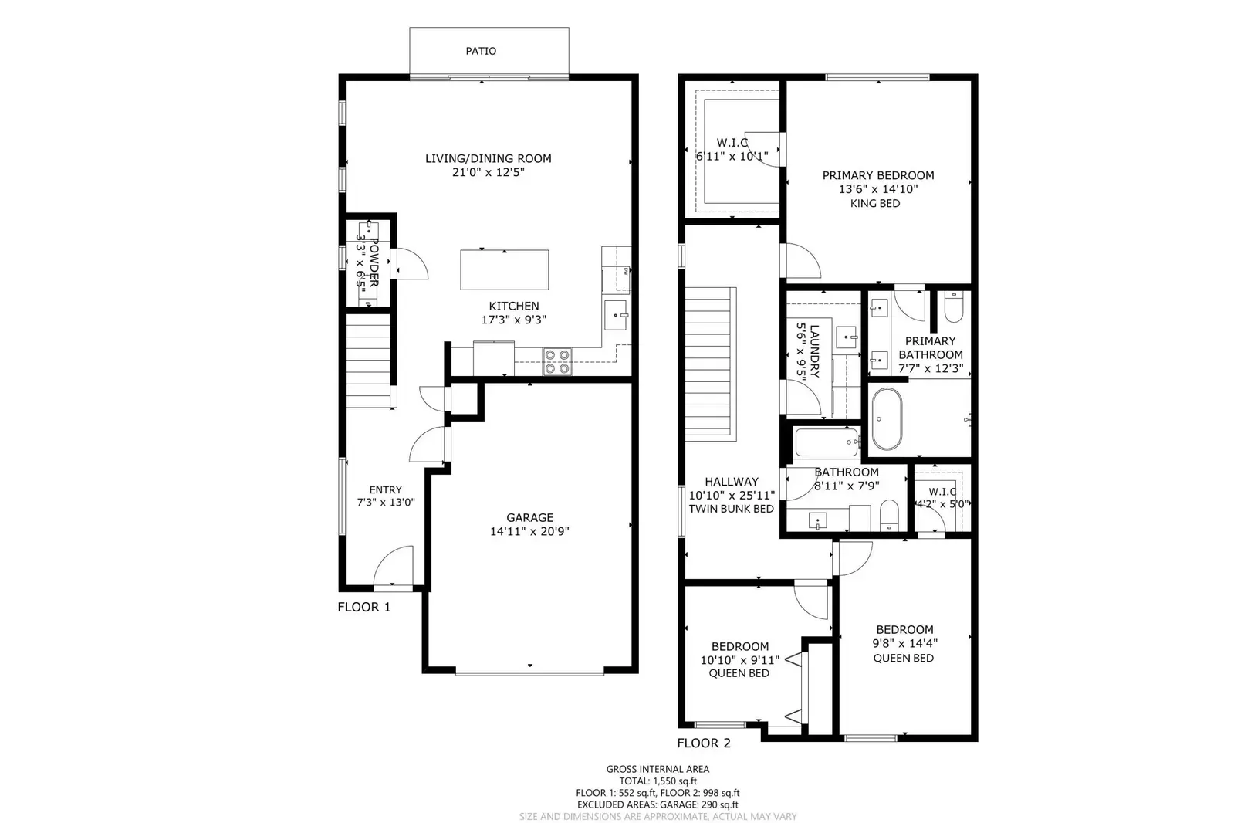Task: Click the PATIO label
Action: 481,51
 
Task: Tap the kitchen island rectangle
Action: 504,269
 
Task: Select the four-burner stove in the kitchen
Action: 557,361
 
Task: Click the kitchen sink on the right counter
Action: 616,315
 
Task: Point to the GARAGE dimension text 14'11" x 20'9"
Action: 529,531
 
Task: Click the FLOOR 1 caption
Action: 363,607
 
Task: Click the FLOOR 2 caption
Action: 703,743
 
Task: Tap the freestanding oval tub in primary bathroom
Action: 886,419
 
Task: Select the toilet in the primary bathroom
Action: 953,308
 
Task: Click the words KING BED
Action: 875,203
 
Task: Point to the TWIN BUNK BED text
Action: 731,509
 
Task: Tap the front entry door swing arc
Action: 396,566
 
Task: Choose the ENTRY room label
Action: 385,489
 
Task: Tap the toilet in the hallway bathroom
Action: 889,516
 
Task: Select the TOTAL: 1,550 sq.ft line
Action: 658,781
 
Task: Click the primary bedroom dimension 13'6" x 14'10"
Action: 877,189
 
